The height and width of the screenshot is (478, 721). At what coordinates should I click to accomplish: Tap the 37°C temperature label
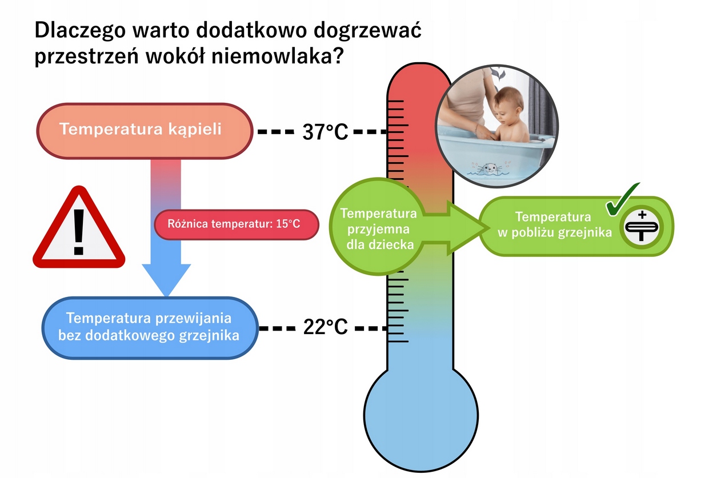[325, 132]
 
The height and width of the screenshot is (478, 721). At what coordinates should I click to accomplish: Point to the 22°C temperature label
[325, 328]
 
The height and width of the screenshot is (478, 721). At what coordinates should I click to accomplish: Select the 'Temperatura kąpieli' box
[145, 131]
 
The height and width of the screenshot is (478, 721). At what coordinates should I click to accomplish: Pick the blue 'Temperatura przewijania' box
[149, 327]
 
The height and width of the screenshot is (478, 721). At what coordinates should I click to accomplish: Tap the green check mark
[622, 200]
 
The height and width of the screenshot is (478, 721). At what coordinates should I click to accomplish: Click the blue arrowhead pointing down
[166, 279]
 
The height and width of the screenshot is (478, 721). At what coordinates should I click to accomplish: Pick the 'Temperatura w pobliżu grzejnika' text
[554, 224]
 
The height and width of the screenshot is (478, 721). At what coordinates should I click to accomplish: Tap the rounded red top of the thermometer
[420, 80]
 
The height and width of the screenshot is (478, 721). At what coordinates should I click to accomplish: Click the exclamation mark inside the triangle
[78, 232]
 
